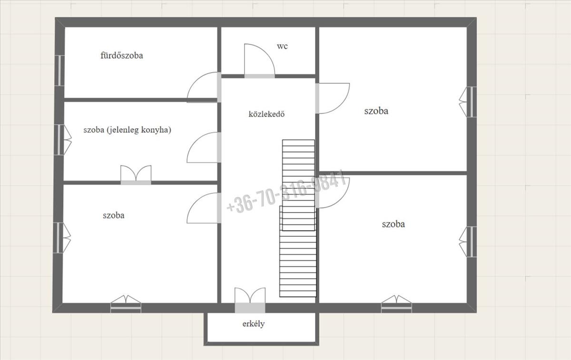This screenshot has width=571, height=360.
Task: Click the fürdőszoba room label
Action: coord(122,56)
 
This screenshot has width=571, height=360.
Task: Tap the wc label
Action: coord(282,47)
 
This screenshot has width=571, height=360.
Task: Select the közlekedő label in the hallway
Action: coord(266,114)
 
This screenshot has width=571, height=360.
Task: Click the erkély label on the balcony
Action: coord(253,324)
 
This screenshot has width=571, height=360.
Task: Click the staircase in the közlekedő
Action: coord(298,218)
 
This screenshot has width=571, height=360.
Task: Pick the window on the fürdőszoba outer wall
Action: coord(59,70)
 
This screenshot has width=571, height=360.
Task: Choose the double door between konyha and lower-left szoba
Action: coord(136,175)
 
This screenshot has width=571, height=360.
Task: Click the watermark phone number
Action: coord(286,192)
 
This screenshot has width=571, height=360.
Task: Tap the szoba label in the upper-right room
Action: coord(376,111)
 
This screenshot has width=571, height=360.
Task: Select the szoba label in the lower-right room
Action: coord(393,224)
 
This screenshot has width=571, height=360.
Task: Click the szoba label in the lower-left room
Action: coord(113,215)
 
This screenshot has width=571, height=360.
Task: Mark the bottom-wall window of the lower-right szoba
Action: coord(396,304)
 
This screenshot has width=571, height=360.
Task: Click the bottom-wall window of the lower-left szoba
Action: coord(126,304)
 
